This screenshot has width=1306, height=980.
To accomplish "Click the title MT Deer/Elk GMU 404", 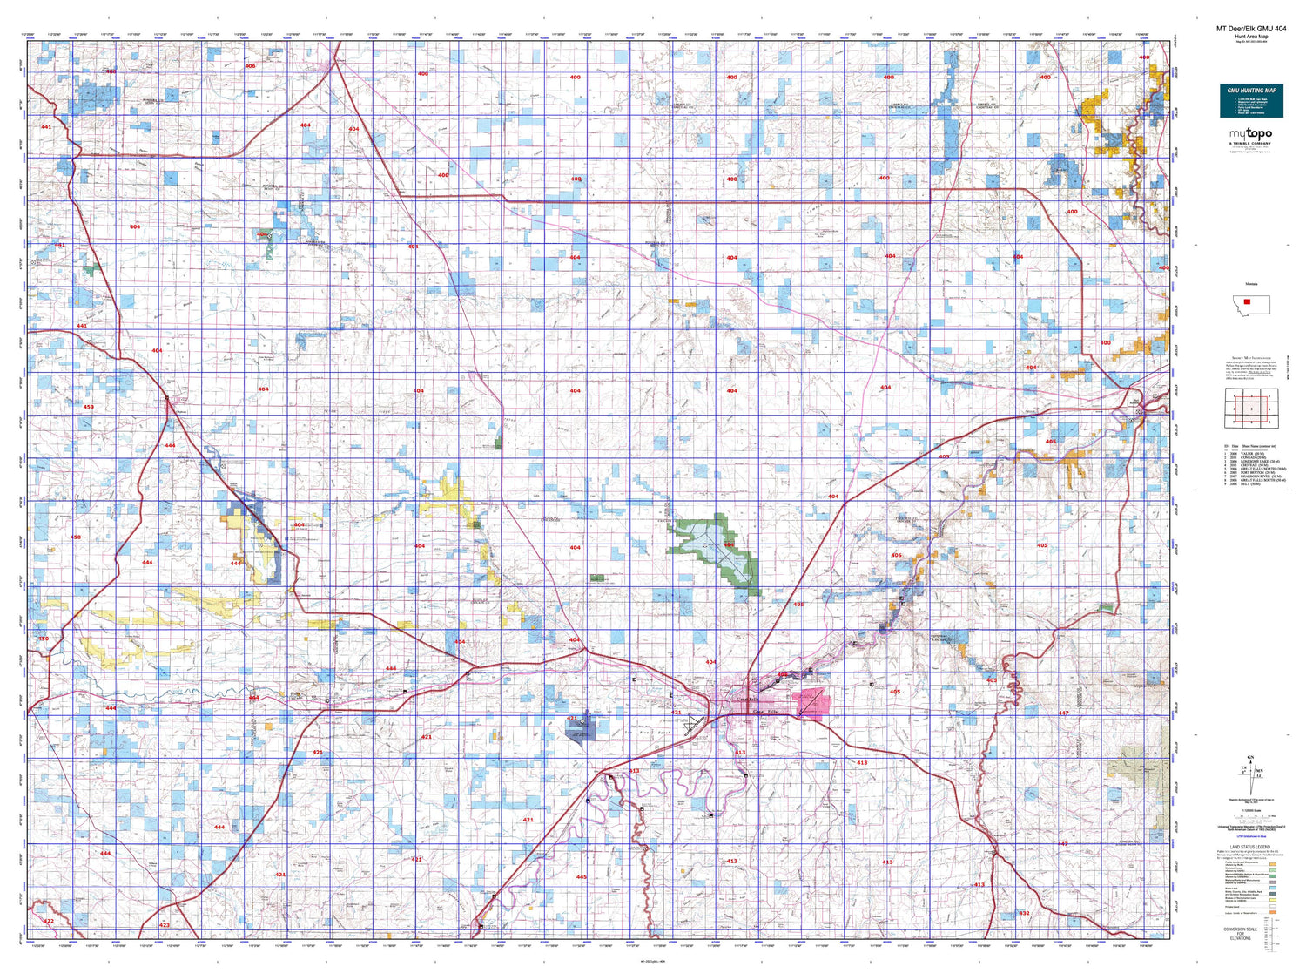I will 1250,29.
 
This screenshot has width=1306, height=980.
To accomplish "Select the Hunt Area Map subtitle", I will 1250,37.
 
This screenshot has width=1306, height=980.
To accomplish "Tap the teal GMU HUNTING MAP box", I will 1251,101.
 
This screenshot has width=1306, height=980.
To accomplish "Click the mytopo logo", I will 1250,134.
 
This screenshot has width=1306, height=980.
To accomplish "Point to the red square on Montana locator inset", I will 1247,301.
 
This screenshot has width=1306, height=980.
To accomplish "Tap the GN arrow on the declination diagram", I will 1250,760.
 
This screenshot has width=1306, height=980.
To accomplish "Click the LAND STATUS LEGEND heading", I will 1250,848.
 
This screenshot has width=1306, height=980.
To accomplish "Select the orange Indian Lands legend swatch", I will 1272,913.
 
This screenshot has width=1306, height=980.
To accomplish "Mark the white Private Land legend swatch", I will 1272,906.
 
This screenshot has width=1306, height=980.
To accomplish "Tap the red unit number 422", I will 49,921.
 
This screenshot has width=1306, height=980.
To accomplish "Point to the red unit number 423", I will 164,925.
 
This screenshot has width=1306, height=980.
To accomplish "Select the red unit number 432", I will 1024,913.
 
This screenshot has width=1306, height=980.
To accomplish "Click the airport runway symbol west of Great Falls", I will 693,724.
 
